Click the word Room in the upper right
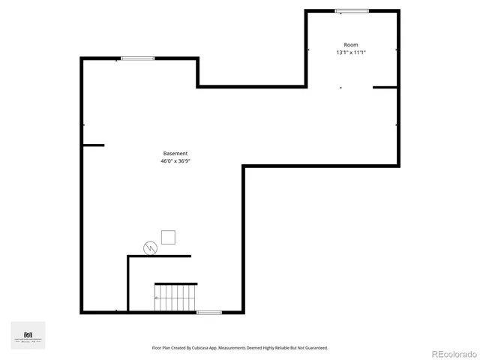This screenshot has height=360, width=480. [x=351, y=45]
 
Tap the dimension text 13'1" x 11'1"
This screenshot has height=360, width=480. [x=351, y=52]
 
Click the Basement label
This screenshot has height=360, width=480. [x=175, y=154]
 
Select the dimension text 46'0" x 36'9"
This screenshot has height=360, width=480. [x=175, y=161]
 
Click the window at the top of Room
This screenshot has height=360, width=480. [x=352, y=10]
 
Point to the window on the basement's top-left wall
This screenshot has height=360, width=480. [x=138, y=58]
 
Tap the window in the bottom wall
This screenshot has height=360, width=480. [x=209, y=312]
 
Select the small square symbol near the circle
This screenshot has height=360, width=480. [x=169, y=237]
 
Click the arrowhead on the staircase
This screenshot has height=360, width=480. [x=157, y=298]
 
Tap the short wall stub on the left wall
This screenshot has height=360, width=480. [x=93, y=145]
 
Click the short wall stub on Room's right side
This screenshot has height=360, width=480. [x=385, y=88]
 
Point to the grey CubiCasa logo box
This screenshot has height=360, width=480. [x=28, y=335]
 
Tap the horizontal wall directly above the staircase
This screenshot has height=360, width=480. [x=176, y=283]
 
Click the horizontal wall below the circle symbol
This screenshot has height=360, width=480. [x=159, y=256]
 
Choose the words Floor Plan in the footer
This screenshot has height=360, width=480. [x=162, y=348]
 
